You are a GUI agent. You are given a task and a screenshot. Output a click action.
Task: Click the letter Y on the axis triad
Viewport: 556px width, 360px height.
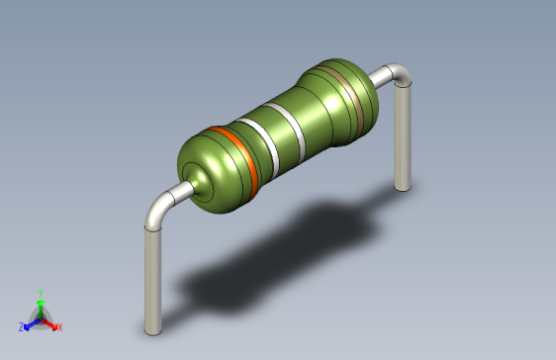pos(40,292)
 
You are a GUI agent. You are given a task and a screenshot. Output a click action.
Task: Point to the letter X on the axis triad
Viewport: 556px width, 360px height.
pos(59,326)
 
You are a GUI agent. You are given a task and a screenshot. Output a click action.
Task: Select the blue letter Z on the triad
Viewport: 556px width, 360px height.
pos(21,326)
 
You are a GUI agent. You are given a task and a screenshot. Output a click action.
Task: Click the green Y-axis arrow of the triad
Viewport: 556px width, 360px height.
pos(40,306)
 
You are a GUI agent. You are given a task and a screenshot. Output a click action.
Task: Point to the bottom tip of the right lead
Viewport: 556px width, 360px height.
pos(402,185)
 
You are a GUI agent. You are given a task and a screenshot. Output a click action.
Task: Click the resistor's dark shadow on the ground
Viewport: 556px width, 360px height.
pos(287,247)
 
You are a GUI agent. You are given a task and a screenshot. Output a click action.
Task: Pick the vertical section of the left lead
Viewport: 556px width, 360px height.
pos(152,277)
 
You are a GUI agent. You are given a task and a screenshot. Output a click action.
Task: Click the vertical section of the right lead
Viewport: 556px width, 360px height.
pos(402,138)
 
